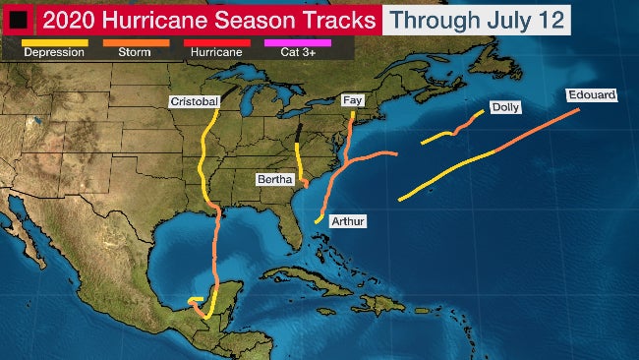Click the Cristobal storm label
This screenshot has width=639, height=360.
pyautogui.click(x=194, y=101)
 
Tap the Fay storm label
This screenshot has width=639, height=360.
pyautogui.click(x=352, y=100)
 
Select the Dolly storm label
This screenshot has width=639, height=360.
pyautogui.click(x=504, y=107)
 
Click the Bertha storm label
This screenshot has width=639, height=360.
pyautogui.click(x=273, y=180)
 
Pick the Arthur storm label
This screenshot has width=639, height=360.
pyautogui.click(x=347, y=222)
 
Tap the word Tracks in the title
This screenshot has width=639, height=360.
pyautogui.click(x=334, y=19)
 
